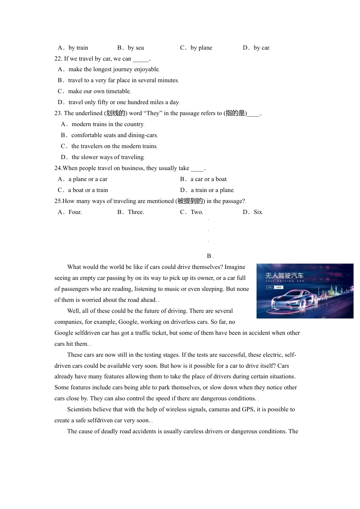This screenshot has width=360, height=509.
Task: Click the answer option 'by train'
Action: (78, 48)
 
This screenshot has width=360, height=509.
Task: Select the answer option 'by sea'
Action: (136, 48)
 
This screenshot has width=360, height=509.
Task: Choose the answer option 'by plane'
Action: (201, 48)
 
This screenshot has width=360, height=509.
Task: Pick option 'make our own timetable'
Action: (99, 91)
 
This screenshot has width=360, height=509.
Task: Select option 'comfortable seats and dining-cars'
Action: (114, 135)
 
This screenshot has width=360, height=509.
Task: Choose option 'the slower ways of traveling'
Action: (108, 157)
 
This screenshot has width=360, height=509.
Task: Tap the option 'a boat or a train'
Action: (88, 190)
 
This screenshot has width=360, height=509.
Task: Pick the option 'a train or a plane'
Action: (212, 190)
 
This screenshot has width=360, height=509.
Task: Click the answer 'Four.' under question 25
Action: (75, 212)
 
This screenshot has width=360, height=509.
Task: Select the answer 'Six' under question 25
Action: (258, 212)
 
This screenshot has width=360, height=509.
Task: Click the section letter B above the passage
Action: (209, 256)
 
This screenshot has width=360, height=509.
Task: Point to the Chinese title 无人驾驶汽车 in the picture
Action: (284, 275)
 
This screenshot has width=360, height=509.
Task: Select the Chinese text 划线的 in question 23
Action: (116, 113)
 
